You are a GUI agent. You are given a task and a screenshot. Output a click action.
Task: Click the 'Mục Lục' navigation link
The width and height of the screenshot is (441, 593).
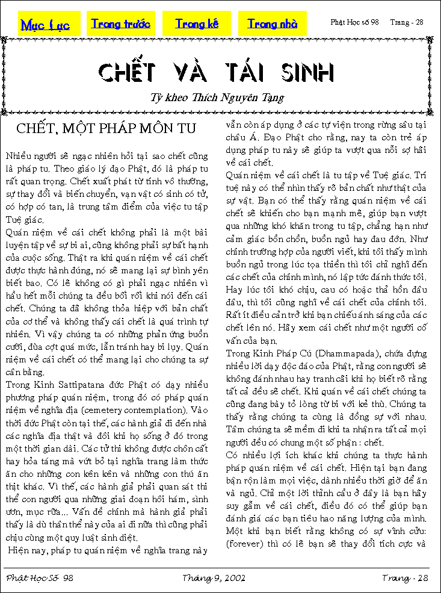click(x=45, y=25)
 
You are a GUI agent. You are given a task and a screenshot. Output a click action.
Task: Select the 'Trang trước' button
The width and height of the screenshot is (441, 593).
click(x=120, y=24)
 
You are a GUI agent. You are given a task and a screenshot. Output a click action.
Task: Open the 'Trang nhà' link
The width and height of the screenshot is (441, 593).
click(x=272, y=24)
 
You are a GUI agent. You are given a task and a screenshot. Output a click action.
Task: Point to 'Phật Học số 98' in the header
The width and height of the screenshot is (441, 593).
click(x=354, y=22)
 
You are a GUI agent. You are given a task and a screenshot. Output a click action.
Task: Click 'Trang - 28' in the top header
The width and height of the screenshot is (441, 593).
click(x=407, y=22)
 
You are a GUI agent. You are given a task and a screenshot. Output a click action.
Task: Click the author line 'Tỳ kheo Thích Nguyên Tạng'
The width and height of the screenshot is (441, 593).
click(x=217, y=97)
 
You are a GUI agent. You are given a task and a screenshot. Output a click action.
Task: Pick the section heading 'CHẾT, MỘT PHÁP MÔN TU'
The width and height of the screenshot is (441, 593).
click(x=106, y=128)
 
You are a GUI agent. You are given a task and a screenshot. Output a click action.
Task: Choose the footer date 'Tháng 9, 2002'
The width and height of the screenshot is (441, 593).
click(x=214, y=578)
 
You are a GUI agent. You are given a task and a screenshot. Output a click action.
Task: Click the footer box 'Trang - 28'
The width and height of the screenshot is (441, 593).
click(x=404, y=578)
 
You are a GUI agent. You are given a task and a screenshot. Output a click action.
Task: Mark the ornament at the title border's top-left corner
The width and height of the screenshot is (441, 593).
click(x=5, y=40)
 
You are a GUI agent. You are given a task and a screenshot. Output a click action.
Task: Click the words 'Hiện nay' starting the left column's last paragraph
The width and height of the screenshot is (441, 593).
click(x=28, y=549)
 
